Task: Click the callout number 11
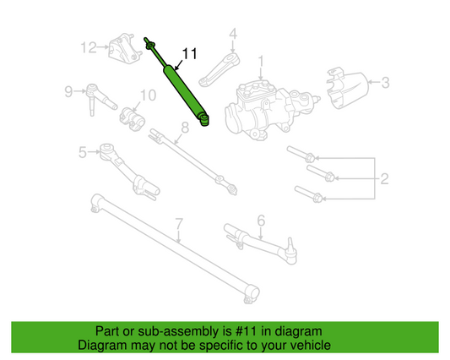pyautogui.click(x=189, y=53)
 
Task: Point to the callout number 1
pyautogui.click(x=262, y=60)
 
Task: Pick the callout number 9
pyautogui.click(x=68, y=90)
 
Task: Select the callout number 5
pyautogui.click(x=83, y=152)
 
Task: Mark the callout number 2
pyautogui.click(x=384, y=177)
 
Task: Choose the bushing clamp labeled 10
pyautogui.click(x=132, y=116)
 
